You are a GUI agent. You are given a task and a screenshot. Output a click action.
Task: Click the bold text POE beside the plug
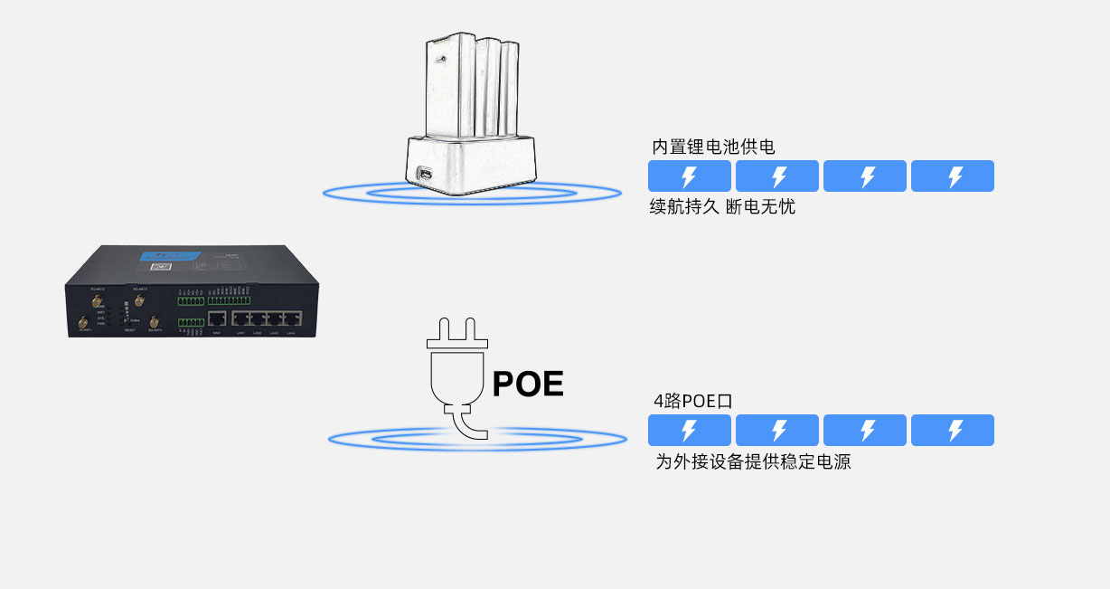click(x=528, y=384)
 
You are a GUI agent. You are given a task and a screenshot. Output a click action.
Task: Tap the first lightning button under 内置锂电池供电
click(x=690, y=176)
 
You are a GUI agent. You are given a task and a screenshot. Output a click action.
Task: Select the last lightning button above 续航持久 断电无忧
click(x=953, y=176)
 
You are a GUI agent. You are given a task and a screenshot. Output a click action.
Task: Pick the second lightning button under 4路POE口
click(x=777, y=431)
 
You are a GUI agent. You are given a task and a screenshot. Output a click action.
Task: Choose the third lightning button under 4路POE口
click(x=865, y=431)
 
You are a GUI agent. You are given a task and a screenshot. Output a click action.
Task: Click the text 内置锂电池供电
click(x=713, y=147)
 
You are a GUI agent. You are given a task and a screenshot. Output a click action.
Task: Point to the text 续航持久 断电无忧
click(x=722, y=207)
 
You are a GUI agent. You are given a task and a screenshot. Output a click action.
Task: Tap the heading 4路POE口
click(x=692, y=401)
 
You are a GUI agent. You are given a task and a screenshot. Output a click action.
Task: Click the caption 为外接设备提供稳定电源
click(x=753, y=462)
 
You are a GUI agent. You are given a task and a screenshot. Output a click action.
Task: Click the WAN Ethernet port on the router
click(x=217, y=318)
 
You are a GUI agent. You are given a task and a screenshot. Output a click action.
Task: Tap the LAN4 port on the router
click(x=291, y=318)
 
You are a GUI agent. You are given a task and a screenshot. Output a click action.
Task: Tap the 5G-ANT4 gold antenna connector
click(x=154, y=322)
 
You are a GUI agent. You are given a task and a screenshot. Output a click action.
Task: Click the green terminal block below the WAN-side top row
click(x=191, y=322)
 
